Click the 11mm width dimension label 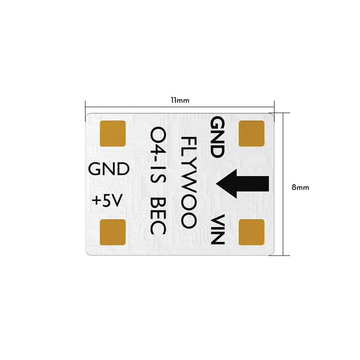[180, 100]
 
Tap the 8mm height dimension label [300, 187]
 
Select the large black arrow [243, 184]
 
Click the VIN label [218, 230]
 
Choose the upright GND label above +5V [109, 169]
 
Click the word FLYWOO [188, 182]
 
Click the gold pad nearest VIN [251, 232]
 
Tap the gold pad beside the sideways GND [251, 134]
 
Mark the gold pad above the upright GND [112, 134]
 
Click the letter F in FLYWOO [188, 141]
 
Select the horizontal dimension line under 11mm [180, 107]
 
